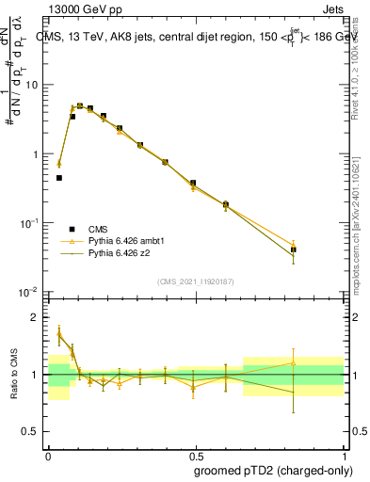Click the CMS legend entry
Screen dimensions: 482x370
[x=97, y=229]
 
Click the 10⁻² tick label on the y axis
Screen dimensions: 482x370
[x=32, y=292]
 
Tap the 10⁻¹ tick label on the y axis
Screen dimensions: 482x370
[x=32, y=223]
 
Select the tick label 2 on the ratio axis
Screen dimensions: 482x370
[x=38, y=317]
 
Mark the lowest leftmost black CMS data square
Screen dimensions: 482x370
[x=58, y=178]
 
